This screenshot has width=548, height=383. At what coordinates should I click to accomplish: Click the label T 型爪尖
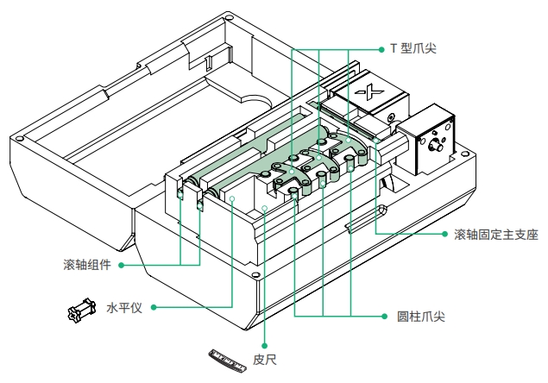pyautogui.click(x=413, y=49)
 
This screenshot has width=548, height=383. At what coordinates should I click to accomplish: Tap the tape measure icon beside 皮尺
pyautogui.click(x=228, y=358)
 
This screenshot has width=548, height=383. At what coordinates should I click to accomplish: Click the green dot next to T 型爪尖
pyautogui.click(x=381, y=49)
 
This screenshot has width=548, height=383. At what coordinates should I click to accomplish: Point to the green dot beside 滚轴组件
pyautogui.click(x=122, y=264)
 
